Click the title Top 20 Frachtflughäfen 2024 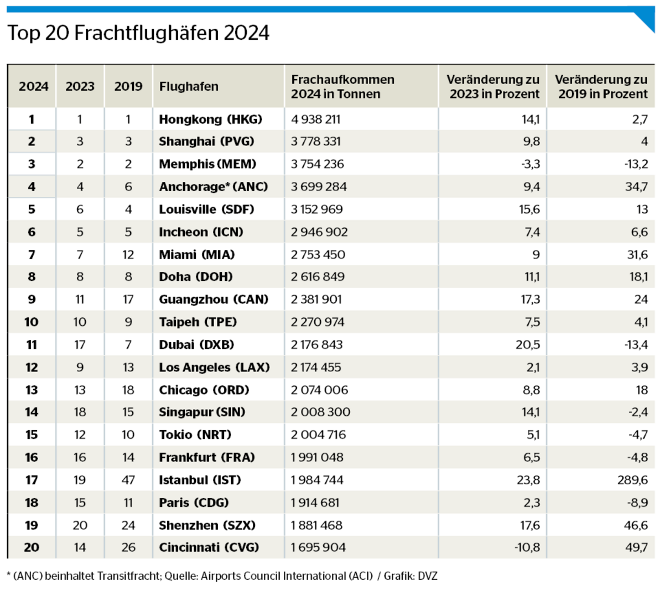click(138, 33)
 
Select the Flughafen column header click(189, 86)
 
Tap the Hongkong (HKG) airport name click(210, 119)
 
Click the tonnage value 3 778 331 click(316, 142)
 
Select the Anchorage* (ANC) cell click(213, 187)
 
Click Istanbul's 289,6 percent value click(632, 480)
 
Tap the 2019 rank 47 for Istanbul click(128, 480)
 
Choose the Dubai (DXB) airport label click(196, 344)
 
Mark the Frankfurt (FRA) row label click(207, 457)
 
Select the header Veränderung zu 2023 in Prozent click(493, 87)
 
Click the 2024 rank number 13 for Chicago click(32, 390)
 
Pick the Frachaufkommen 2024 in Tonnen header click(343, 87)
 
